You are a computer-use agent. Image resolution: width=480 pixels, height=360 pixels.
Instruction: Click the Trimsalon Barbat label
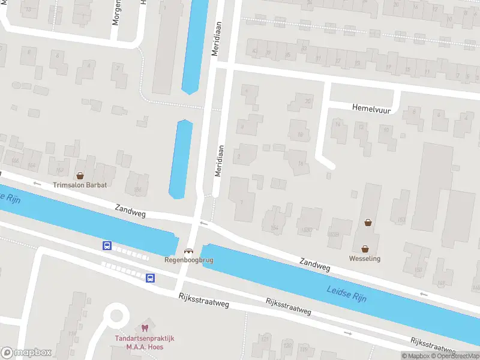[x=80, y=185]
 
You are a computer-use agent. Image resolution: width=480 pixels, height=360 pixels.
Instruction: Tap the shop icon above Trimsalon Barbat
[x=80, y=175]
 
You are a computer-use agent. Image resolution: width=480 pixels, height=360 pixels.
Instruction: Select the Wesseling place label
[x=365, y=259]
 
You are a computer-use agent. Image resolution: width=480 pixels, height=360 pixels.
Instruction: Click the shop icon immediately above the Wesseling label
[x=365, y=248]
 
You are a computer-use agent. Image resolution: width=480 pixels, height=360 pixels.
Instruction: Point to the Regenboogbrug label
[x=188, y=260]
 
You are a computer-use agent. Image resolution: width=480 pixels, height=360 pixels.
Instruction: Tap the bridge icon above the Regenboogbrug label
[x=188, y=251]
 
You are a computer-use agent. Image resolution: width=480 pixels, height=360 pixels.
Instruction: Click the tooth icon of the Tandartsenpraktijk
[x=144, y=328]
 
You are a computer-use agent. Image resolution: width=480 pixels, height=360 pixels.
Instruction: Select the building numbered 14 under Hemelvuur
[x=338, y=125]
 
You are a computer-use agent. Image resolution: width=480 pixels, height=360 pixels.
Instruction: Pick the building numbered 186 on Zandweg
[x=139, y=190]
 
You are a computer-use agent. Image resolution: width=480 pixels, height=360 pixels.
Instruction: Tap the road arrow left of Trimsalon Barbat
[x=36, y=183]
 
